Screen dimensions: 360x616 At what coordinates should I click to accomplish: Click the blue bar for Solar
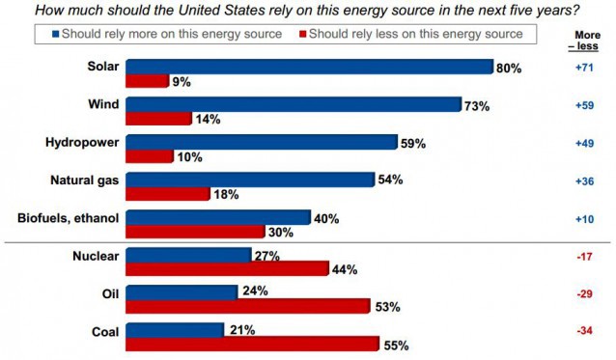[x=310, y=67]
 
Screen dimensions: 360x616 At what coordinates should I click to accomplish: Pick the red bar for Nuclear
[x=227, y=269]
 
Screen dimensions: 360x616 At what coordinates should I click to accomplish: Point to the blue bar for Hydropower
[x=262, y=142]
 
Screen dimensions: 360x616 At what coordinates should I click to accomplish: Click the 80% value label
[x=509, y=68]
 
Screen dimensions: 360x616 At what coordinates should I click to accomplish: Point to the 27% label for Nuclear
[x=266, y=256]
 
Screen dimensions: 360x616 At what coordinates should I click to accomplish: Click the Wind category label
[x=99, y=105]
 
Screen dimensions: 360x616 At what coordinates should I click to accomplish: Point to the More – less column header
[x=580, y=40]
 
